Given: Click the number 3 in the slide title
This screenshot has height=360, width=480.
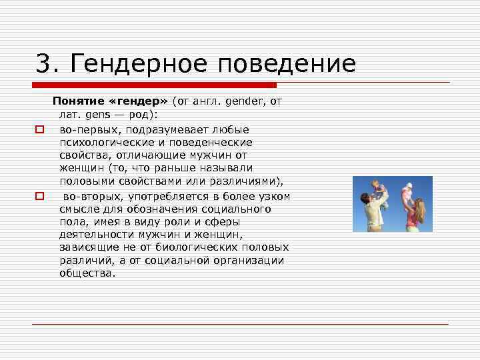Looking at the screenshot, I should coord(43,64).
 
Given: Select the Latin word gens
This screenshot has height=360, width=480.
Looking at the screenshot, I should coord(89,115).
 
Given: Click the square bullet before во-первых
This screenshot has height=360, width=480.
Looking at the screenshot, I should coord(39,129).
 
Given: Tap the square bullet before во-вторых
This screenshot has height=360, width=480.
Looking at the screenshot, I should coord(39,195).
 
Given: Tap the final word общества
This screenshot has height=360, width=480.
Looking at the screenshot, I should coord(87,273).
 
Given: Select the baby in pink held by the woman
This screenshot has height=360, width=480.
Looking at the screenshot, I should coord(407,192).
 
